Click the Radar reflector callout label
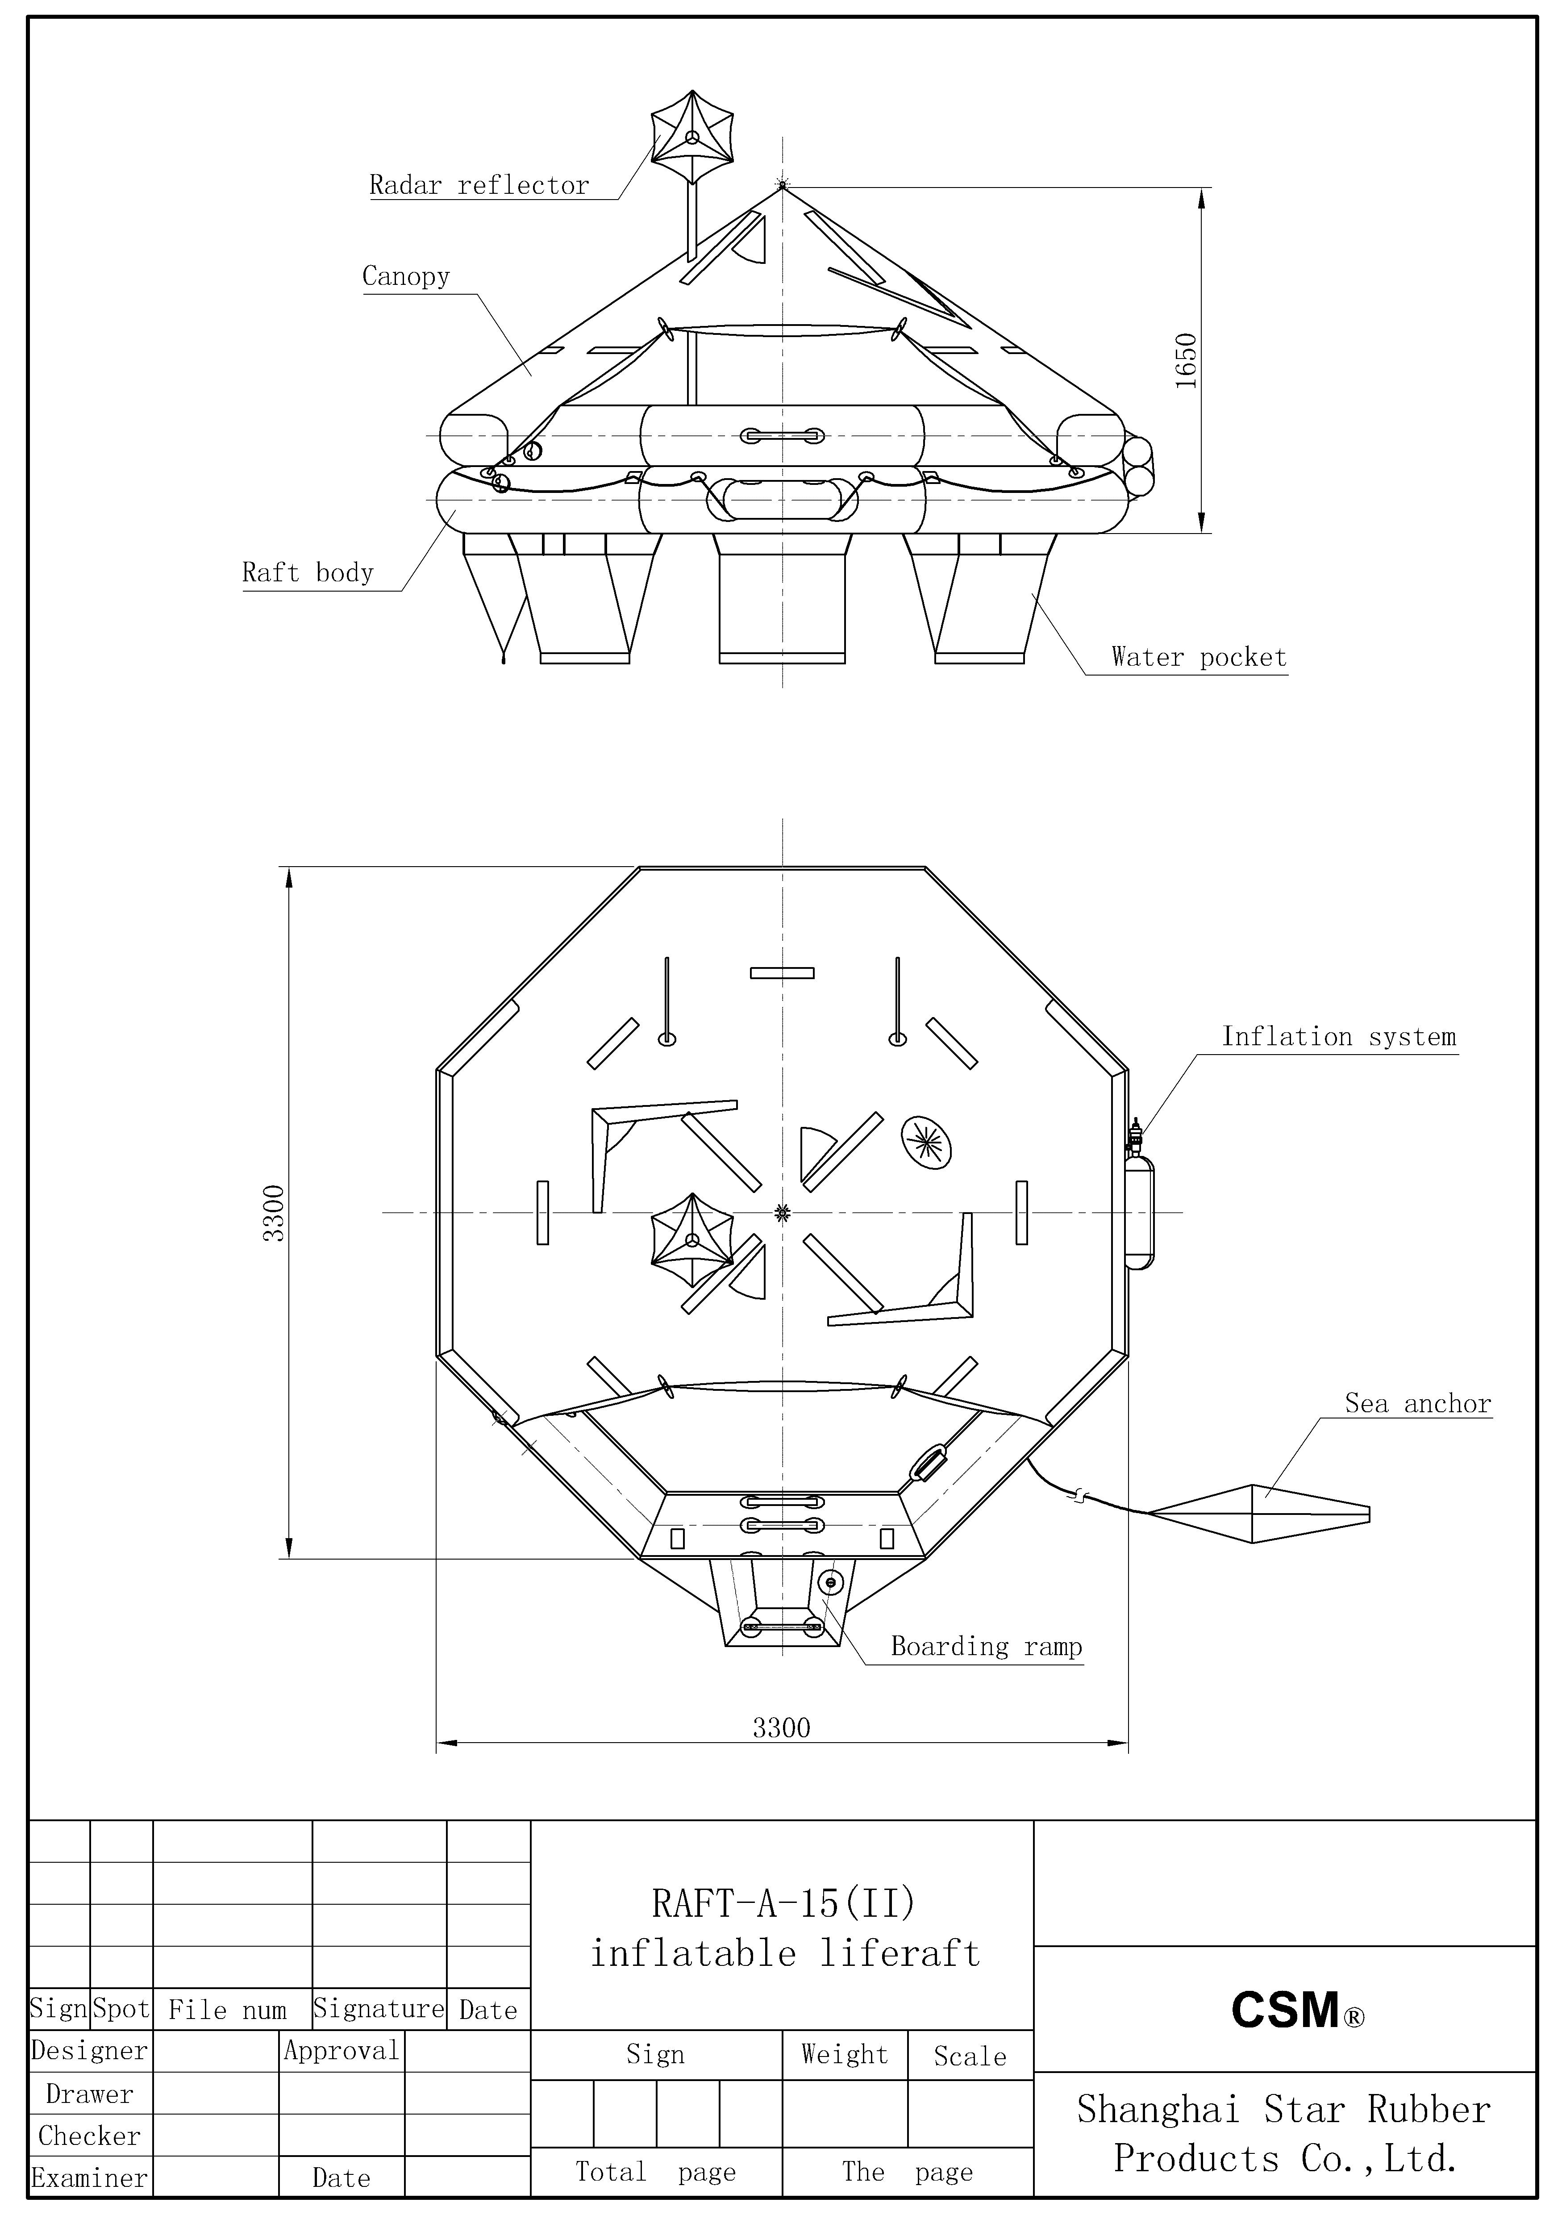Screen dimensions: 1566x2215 click(479, 185)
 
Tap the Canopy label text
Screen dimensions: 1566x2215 click(406, 277)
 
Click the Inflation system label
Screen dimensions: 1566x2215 click(1339, 1037)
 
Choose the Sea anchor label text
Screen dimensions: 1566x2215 click(1417, 1404)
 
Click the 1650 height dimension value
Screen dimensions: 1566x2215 click(1186, 361)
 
